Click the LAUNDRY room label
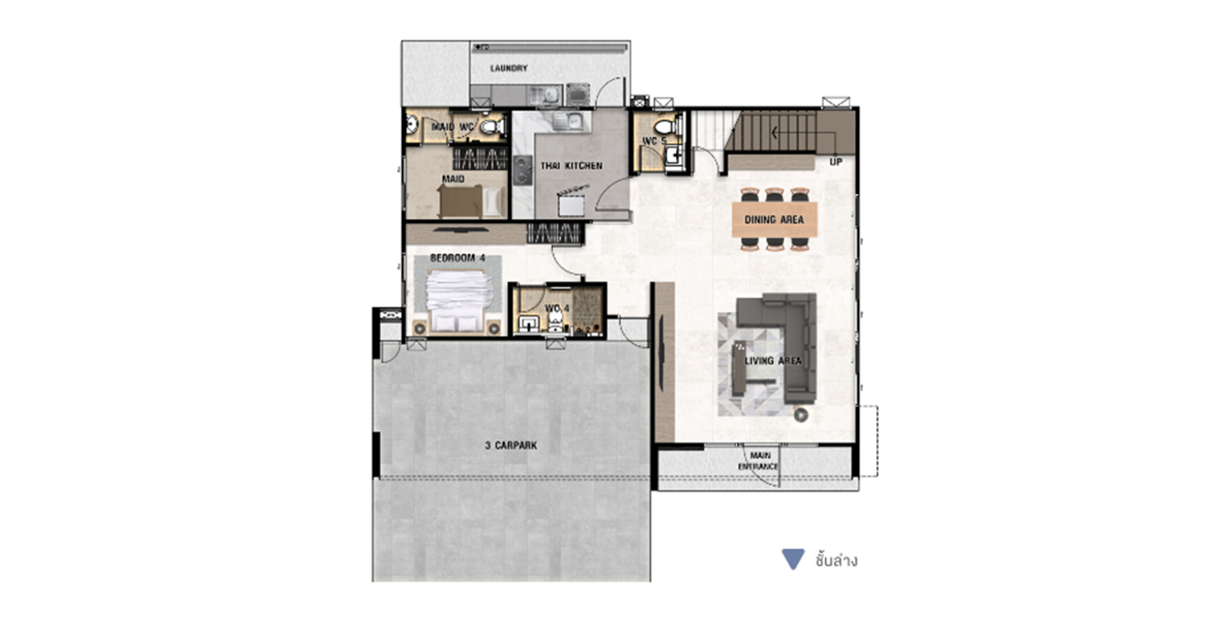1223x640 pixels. [509, 68]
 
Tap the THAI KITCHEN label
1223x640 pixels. [572, 166]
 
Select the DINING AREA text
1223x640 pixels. [775, 219]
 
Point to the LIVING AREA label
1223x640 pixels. [773, 361]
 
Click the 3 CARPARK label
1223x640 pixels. [511, 446]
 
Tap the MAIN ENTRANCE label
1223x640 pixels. [758, 461]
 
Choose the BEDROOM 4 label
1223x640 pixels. [457, 258]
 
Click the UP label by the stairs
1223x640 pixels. [836, 162]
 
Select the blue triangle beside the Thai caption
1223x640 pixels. [793, 559]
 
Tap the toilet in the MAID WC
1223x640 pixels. [492, 127]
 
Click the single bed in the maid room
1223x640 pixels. [472, 201]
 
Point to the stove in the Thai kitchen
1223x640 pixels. [523, 170]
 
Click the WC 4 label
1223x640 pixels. [557, 308]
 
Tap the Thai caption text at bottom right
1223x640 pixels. [836, 560]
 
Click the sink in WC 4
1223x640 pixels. [528, 324]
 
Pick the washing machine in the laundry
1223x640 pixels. [577, 95]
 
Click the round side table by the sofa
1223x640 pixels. [801, 416]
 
